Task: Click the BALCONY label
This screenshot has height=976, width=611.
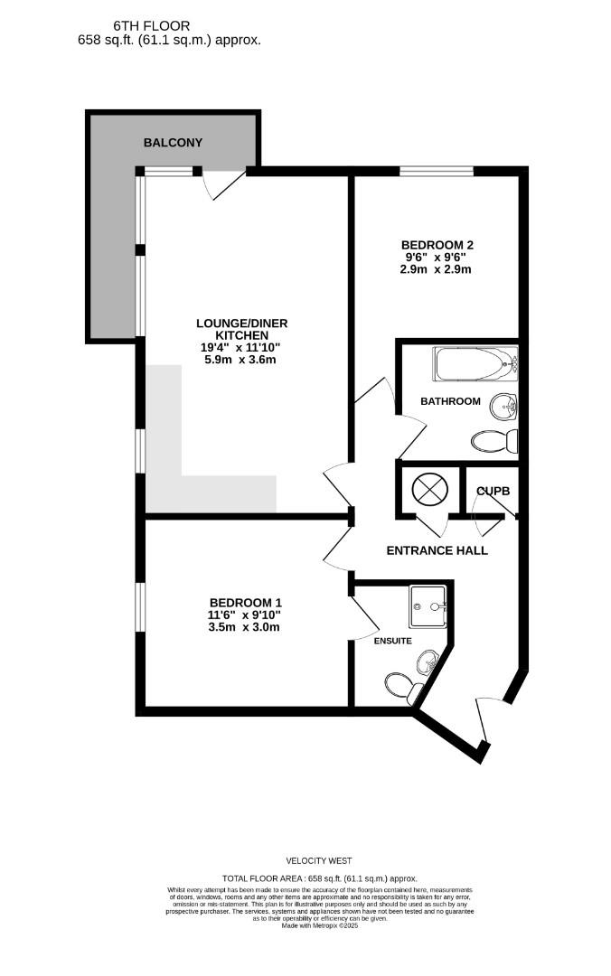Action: tap(173, 143)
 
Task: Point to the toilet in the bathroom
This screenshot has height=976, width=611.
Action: tap(495, 441)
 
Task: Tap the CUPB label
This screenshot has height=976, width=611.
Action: tap(493, 491)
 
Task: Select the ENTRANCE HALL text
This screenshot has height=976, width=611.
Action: tap(437, 550)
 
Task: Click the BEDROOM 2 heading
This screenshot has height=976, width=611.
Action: tap(437, 244)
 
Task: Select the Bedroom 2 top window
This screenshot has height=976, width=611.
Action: tap(437, 171)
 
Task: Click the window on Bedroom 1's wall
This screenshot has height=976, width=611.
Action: tap(139, 607)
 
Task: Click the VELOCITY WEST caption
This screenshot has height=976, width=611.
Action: tap(319, 860)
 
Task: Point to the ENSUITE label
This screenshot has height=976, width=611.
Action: tap(393, 641)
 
